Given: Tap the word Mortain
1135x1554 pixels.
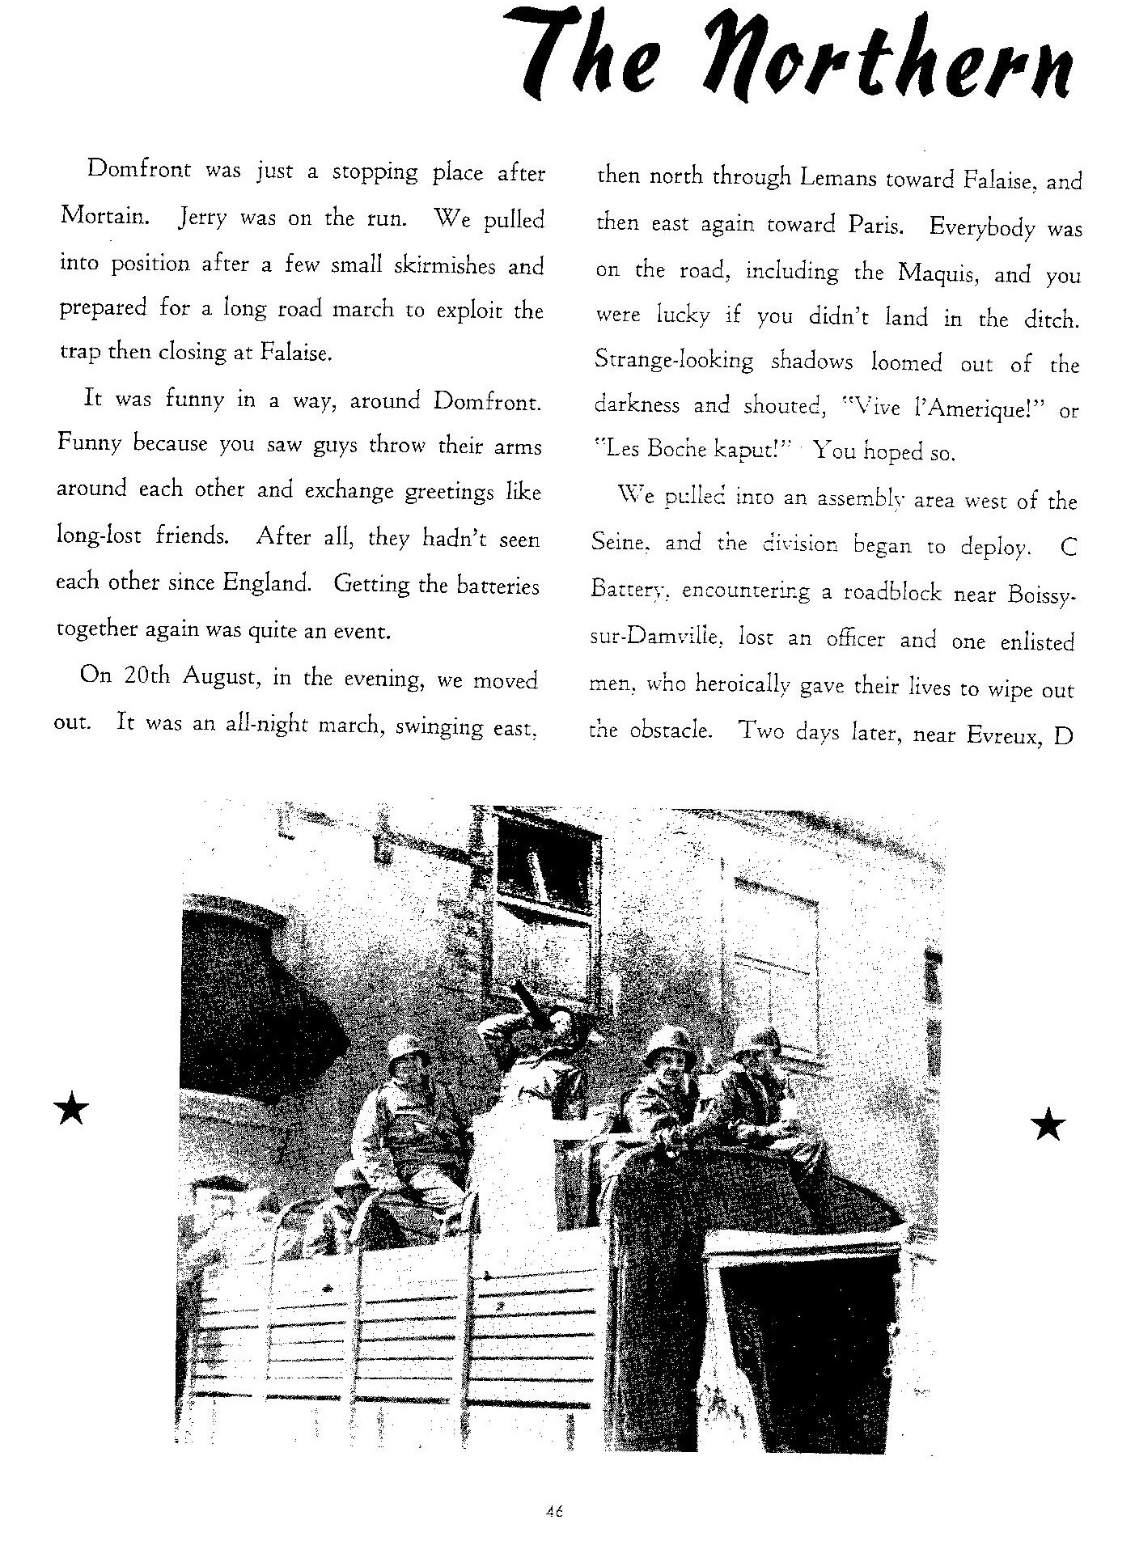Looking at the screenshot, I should coord(103,218).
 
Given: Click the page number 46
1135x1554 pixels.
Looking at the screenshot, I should coord(554,1510).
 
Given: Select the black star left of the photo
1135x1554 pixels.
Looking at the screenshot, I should coord(71,1109).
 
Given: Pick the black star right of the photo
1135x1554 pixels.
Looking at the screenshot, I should coord(1048,1124).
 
